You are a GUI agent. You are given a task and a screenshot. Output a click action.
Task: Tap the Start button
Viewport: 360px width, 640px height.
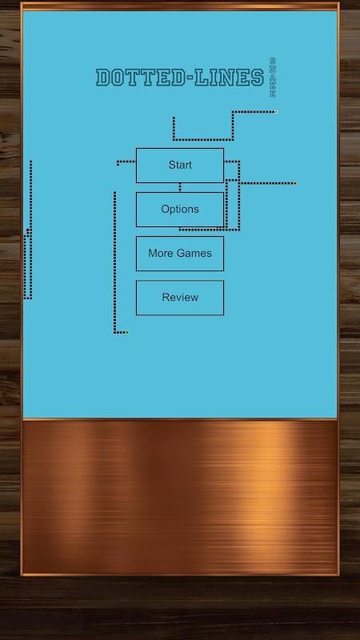179,166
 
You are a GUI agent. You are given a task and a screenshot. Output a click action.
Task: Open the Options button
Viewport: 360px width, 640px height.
179,210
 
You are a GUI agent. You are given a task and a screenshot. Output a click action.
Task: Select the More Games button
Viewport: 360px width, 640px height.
179,254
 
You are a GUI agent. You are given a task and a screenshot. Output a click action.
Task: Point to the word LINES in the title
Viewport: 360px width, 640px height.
229,78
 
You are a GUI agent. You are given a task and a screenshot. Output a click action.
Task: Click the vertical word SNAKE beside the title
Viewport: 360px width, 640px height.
272,78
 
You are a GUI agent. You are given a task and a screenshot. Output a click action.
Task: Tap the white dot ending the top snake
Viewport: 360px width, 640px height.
276,112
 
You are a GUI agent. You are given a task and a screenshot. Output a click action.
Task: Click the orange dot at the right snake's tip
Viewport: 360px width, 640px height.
294,183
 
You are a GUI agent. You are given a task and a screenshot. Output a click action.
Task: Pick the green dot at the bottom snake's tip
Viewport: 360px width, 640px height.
127,333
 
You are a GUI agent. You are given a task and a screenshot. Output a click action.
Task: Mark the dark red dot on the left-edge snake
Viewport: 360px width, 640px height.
28,230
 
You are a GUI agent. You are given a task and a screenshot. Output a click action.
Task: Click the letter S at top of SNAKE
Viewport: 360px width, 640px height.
272,61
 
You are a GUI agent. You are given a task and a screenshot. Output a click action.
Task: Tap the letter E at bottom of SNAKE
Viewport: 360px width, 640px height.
272,94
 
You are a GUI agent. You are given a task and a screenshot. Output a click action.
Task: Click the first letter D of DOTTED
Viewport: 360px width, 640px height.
103,78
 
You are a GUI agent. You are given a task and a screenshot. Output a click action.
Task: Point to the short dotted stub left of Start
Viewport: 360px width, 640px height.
126,162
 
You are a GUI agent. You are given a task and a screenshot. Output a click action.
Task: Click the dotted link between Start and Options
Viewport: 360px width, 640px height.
179,187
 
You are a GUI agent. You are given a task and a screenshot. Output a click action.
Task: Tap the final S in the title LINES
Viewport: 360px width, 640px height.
257,78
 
